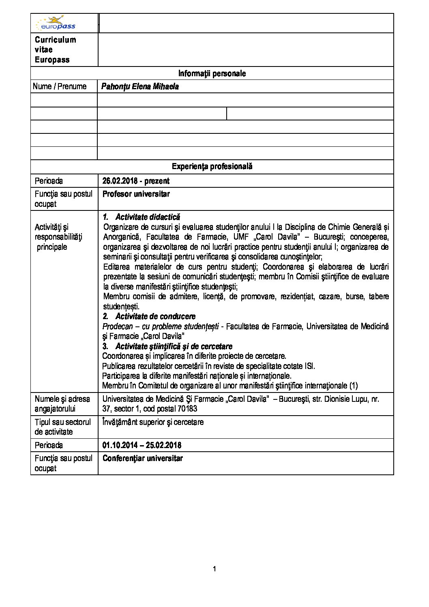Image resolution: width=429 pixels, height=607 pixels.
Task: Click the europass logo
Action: point(56,24)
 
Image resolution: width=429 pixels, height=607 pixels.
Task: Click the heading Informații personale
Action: point(212,73)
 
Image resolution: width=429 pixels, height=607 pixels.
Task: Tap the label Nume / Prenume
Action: point(60,86)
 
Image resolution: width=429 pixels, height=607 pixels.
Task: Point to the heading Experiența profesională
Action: point(212,166)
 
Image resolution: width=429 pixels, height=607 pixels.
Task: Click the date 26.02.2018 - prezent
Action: point(136,181)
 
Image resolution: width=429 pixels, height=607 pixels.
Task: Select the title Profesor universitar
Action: point(136,194)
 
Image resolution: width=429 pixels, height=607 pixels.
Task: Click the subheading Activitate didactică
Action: point(148,217)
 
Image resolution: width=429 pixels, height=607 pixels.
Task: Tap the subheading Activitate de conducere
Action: point(155,316)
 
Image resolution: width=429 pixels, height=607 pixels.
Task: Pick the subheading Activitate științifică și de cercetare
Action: point(174,346)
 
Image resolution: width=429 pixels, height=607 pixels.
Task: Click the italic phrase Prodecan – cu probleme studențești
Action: point(161,326)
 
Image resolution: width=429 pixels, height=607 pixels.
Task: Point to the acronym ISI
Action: point(309,366)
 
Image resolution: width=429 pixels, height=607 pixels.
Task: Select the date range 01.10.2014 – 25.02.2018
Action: point(142,445)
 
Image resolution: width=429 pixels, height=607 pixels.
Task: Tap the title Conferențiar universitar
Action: point(142,459)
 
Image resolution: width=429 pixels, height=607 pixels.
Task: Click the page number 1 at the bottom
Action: point(214,569)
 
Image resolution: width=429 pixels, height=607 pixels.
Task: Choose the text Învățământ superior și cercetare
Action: point(153,422)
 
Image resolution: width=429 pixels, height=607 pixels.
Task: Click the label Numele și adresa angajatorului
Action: point(62,404)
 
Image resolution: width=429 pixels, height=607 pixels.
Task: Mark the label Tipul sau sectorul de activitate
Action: point(62,427)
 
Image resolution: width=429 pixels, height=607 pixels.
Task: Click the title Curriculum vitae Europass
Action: point(55,49)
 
